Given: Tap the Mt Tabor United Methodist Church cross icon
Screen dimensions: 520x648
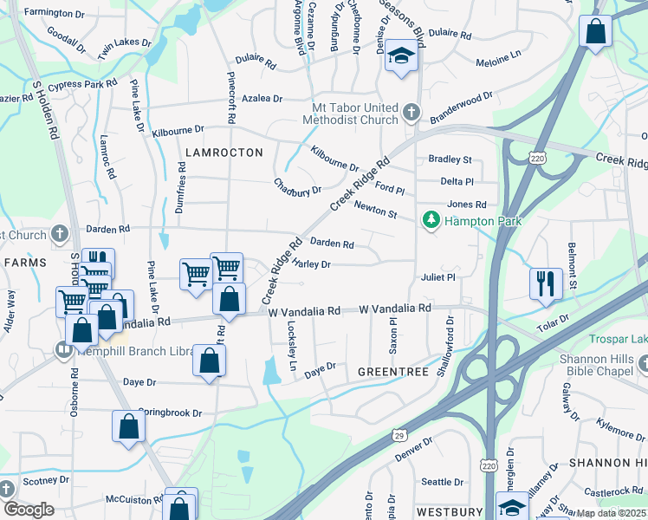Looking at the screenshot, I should [x=411, y=113].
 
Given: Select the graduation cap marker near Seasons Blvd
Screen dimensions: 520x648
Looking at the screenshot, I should [x=402, y=56].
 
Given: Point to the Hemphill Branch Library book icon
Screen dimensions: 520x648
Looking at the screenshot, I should [x=62, y=351].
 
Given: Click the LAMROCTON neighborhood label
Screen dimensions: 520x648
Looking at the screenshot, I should [x=224, y=153].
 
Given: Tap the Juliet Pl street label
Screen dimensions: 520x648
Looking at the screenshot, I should [x=437, y=277].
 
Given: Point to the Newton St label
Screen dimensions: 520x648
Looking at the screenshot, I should [x=375, y=210].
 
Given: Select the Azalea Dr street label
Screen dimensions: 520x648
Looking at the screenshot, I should [x=262, y=99].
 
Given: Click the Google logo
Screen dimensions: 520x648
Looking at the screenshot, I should [x=28, y=510].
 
